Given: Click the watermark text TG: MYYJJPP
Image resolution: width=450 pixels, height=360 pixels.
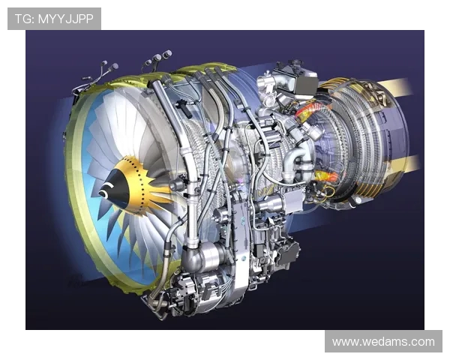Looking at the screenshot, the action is [x=54, y=19].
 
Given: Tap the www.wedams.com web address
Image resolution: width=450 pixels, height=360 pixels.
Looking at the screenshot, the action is [x=383, y=342].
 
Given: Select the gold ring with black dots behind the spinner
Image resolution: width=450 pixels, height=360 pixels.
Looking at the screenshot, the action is [x=136, y=185].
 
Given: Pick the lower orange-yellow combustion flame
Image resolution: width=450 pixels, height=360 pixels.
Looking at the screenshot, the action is [x=326, y=175].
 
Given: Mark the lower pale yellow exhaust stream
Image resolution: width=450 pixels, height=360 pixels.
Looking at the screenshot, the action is [x=404, y=164].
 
